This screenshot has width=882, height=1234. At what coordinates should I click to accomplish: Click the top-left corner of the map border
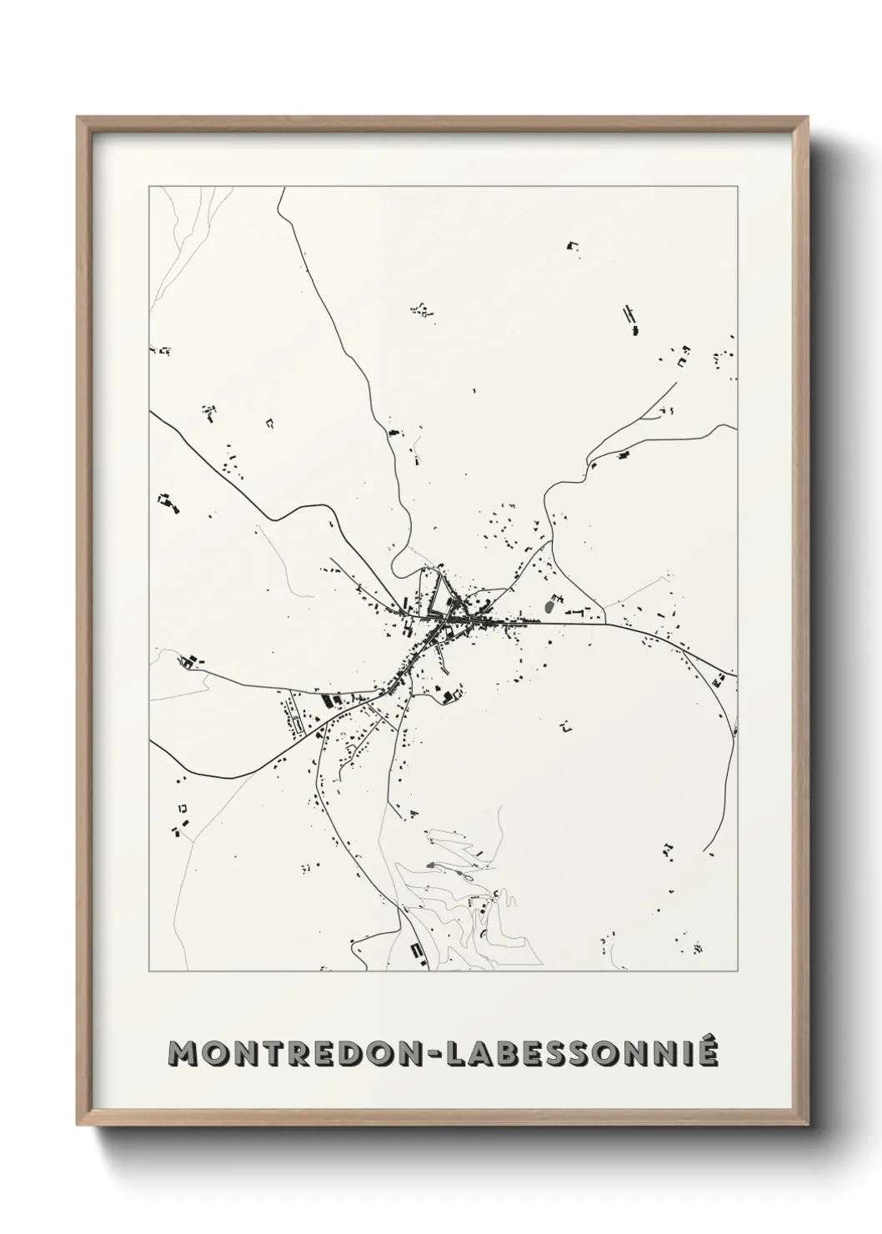tap(150, 187)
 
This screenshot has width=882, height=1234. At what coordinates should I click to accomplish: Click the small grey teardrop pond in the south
tap(432, 865)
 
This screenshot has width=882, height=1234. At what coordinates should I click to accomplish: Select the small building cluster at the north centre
tap(423, 310)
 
